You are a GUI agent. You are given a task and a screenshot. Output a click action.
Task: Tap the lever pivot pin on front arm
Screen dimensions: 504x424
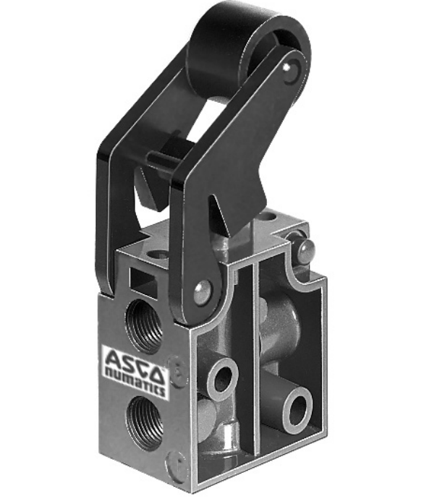(202, 292)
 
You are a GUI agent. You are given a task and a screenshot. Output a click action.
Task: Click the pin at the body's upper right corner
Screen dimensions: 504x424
(308, 250)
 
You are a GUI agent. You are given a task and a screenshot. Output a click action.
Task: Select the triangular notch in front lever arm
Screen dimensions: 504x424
(219, 210)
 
